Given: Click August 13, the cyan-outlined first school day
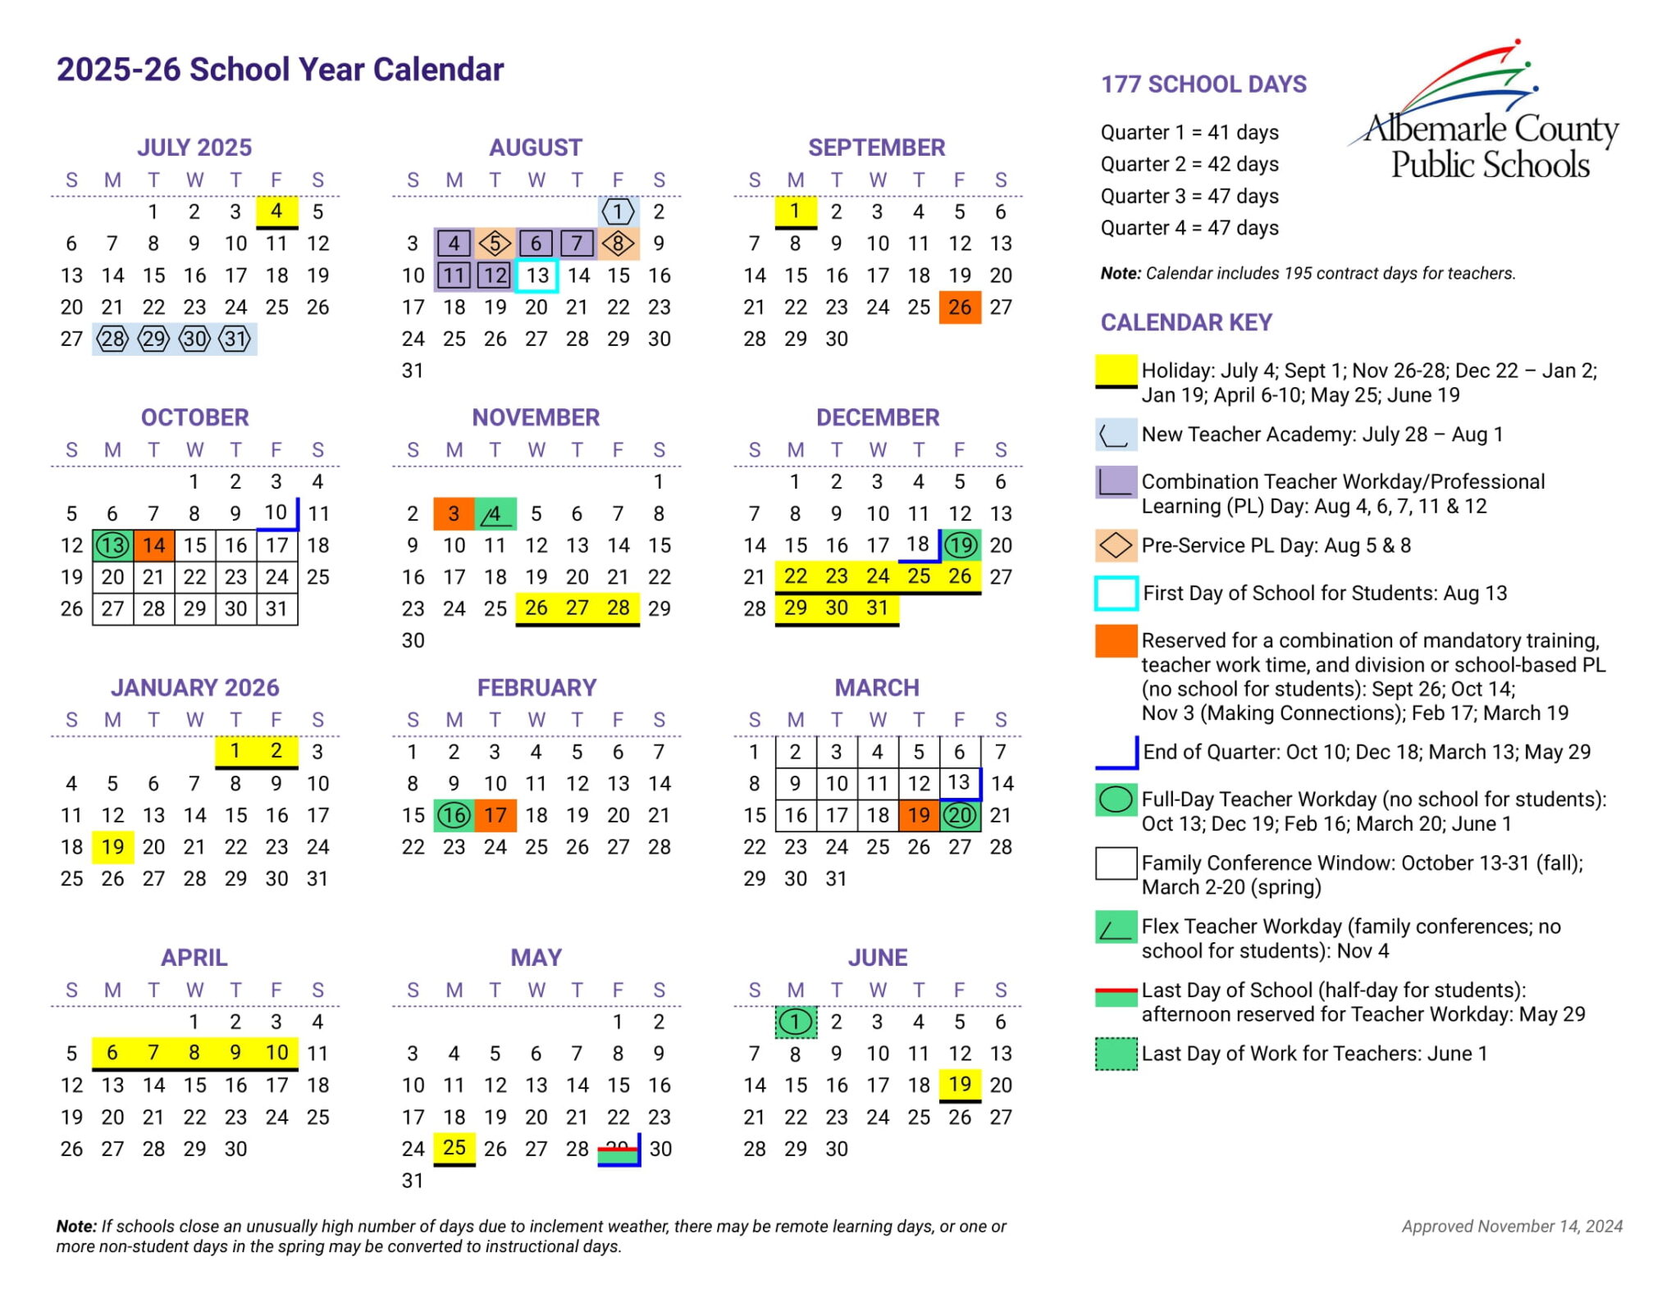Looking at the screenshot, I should pos(537,276).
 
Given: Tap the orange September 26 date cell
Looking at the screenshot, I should pos(960,307).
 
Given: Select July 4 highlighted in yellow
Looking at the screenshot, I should pos(276,212).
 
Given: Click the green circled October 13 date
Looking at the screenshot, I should pos(113,545).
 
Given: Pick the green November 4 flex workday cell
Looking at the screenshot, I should pos(495,514).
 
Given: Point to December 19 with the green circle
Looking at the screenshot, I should pos(961,545).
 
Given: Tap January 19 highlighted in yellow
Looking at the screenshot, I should pos(113,847).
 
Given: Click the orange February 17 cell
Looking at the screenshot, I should pos(495,815).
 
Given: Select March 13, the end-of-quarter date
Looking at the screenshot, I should pos(959,783).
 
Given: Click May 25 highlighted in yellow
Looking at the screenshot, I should pos(454,1148).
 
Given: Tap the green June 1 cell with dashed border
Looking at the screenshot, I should pos(796,1022).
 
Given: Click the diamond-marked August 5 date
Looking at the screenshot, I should pos(495,244).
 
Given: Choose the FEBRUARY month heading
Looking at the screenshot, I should pos(536,687).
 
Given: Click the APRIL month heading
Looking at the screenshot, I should pos(194,957).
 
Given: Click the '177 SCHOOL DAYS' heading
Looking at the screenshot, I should pos(1203,84).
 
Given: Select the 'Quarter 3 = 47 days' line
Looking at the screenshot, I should pos(1189,196).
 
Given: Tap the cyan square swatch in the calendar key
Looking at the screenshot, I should pos(1116,594).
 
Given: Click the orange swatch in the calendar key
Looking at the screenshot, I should pos(1116,641).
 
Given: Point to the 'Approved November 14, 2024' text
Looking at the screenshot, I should pos(1512,1226).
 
